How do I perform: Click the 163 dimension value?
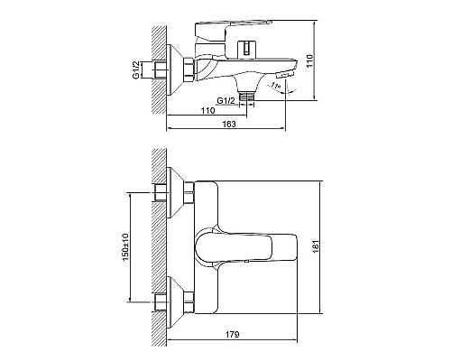tap(229, 124)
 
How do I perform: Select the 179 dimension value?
tap(232, 334)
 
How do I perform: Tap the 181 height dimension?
tap(316, 247)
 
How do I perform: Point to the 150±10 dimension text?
tap(125, 246)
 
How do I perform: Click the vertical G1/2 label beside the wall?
tap(136, 70)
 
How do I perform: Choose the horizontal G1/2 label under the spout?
tap(225, 101)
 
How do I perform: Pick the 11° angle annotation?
tap(276, 86)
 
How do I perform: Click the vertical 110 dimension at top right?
tap(309, 61)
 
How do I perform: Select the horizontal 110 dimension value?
tap(207, 110)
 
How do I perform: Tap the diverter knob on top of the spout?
tap(246, 49)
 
